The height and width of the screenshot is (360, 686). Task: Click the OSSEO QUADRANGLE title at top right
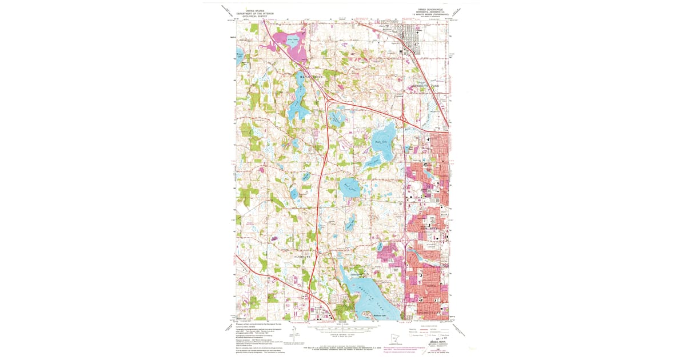(x=430, y=10)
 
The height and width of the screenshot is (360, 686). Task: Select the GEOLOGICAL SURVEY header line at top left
(x=255, y=17)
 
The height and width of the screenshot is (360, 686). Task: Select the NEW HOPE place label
(x=429, y=227)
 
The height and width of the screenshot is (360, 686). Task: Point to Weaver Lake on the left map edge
(x=240, y=56)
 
